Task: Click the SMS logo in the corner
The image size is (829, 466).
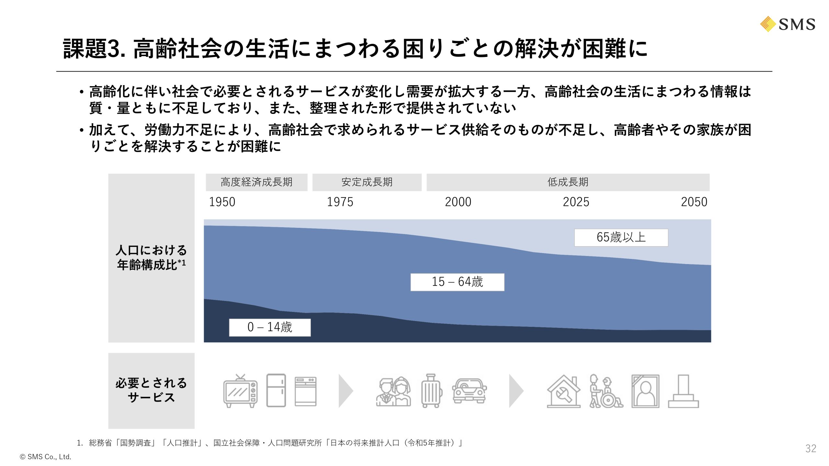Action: [788, 24]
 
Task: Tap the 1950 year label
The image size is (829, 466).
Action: [222, 202]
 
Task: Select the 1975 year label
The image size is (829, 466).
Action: [340, 202]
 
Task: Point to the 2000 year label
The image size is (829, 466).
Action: [458, 202]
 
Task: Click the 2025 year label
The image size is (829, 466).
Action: [576, 202]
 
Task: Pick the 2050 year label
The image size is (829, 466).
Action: [694, 202]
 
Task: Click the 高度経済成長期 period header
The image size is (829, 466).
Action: [256, 182]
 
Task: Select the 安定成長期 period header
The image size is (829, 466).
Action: [367, 182]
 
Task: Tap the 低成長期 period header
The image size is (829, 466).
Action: [568, 182]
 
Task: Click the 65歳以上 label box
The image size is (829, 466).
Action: [621, 238]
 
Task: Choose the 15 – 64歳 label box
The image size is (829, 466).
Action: [457, 282]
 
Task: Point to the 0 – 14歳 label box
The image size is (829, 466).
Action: [270, 327]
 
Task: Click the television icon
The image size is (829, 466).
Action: [240, 391]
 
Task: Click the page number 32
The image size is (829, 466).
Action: [811, 449]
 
